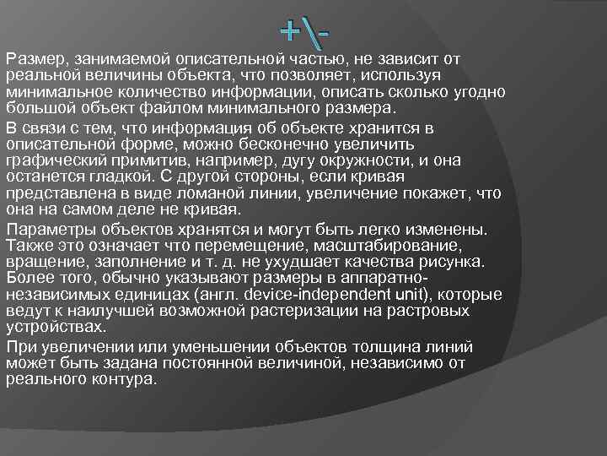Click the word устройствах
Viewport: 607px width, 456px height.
click(x=56, y=327)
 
